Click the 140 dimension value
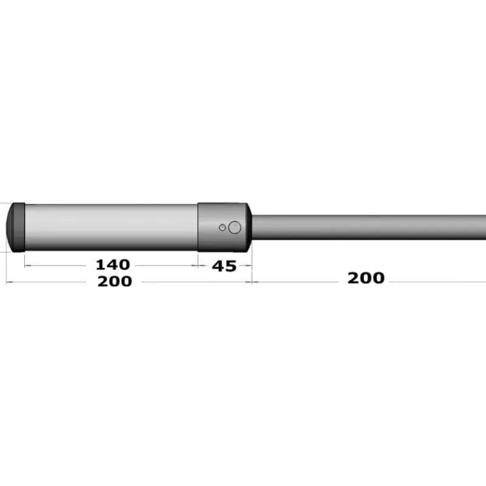click(113, 265)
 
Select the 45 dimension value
click(224, 266)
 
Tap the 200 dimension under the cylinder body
click(115, 281)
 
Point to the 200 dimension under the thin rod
click(366, 278)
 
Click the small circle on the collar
click(222, 227)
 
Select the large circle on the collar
click(234, 227)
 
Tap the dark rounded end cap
click(16, 227)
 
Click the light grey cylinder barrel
click(111, 227)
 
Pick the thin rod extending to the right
click(369, 227)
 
